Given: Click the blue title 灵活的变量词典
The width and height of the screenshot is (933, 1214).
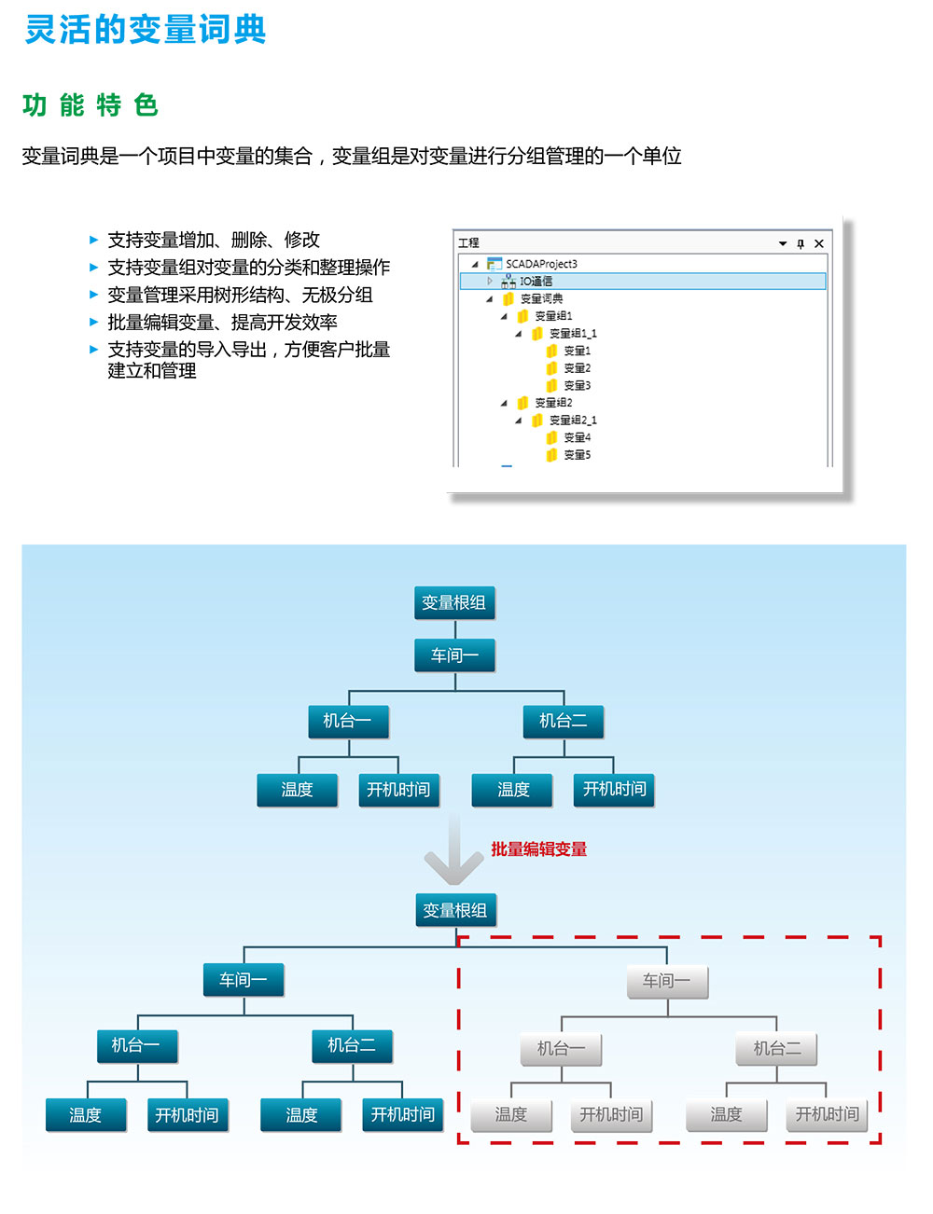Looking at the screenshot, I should coord(146,30).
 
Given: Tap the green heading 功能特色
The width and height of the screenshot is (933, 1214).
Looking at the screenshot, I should coord(91,105).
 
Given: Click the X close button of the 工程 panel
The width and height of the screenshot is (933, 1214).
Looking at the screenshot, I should coord(819,243).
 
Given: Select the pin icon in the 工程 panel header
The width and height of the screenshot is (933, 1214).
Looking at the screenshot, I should coord(801,243).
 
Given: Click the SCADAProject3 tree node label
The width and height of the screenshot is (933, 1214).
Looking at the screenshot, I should coord(541,264).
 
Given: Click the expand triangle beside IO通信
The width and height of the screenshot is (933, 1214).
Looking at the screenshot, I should coord(490,281).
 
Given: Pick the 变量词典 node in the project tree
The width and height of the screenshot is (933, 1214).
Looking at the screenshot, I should coord(541,298).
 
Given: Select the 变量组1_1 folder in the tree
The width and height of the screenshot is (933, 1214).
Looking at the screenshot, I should coord(572,333).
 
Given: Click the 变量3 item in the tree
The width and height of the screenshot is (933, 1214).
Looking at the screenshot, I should coord(577,385).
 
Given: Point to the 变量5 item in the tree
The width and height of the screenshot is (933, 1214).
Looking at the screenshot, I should coord(577,455).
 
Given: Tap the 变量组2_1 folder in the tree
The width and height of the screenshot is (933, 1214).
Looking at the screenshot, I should coord(572,421).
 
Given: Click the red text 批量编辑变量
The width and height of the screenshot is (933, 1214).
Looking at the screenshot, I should coord(539,848).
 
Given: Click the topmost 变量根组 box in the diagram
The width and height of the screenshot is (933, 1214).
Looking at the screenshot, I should coord(454,602).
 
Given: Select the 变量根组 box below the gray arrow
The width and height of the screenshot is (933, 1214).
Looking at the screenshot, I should coord(455,910).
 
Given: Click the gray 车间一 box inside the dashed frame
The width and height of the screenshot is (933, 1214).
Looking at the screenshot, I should coord(667,981).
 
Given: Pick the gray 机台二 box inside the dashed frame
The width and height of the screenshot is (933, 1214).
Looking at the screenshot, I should coord(777,1049).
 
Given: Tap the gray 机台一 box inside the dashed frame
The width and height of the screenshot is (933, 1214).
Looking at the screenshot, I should coord(562,1049).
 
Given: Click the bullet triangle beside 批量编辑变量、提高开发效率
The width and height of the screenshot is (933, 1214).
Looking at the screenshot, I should coord(93,323).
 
